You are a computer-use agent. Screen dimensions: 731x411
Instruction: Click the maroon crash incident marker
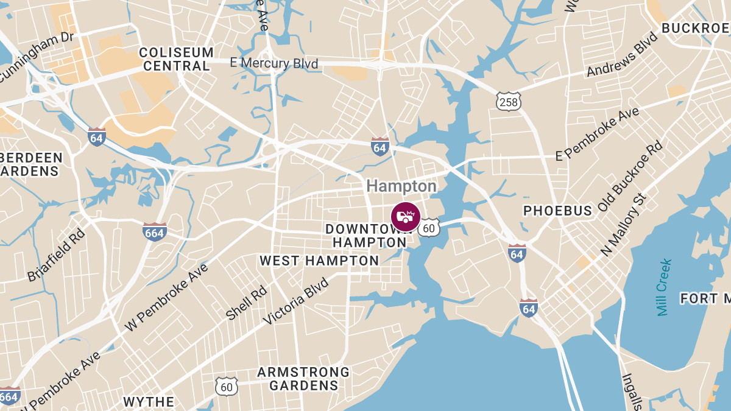point(405,217)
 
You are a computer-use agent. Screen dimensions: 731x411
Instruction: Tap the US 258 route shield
point(508,102)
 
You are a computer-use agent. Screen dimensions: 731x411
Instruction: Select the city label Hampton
point(401,186)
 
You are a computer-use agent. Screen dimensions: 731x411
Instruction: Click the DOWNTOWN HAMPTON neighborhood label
point(365,236)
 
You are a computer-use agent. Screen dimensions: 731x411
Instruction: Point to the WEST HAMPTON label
point(319,261)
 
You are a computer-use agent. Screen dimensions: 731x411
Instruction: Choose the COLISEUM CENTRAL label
point(176,59)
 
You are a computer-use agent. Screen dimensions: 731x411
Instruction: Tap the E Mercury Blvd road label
point(274,63)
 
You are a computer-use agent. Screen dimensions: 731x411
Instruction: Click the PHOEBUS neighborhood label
point(558,211)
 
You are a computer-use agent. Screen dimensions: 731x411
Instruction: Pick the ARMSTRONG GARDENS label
point(303,378)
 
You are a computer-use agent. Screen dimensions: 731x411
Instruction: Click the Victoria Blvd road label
point(296,302)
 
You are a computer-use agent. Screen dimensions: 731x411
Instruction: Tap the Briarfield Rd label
point(56,255)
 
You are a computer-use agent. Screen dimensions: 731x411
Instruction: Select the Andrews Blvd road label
point(623,55)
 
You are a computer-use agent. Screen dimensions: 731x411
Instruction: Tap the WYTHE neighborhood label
point(149,402)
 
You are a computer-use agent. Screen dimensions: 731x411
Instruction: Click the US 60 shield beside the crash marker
point(429,228)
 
